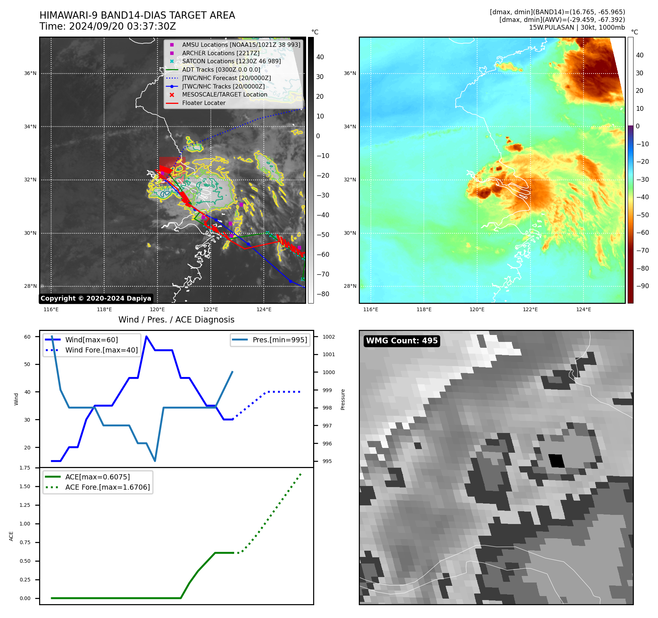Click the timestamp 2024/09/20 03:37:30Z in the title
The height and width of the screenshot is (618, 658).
(x=122, y=27)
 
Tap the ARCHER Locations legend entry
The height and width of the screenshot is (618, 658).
(x=221, y=53)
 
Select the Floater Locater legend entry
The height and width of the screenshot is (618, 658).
(x=204, y=103)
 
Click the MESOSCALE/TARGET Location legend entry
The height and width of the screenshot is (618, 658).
(x=224, y=95)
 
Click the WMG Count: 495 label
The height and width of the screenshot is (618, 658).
(x=402, y=341)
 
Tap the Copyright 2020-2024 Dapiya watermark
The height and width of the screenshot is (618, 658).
(x=96, y=298)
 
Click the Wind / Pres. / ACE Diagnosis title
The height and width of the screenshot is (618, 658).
(x=176, y=320)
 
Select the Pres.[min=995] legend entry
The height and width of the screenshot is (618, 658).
(x=279, y=340)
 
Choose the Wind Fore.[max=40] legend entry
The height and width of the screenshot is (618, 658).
(x=101, y=350)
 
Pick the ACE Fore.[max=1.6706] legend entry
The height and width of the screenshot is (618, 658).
(x=107, y=487)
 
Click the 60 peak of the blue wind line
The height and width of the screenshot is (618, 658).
(x=147, y=336)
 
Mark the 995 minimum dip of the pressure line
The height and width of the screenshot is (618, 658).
(x=155, y=461)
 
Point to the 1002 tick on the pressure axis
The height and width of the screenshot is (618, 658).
(x=328, y=337)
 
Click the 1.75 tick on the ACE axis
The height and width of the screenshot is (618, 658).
(x=25, y=468)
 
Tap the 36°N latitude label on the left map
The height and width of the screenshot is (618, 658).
(x=30, y=74)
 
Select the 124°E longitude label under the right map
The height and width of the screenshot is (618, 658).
(x=583, y=310)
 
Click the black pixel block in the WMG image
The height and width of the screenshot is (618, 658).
(x=556, y=461)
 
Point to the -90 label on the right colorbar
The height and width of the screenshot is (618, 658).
(x=642, y=286)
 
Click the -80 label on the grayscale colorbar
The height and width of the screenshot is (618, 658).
(x=323, y=294)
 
